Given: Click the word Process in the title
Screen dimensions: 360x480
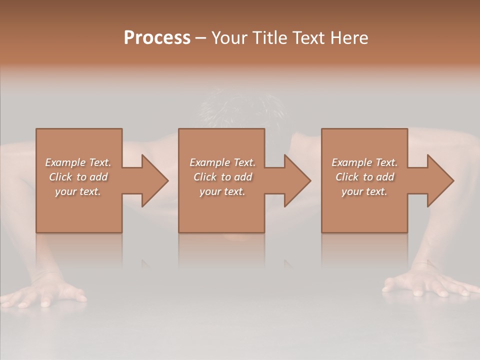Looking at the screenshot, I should (x=157, y=38).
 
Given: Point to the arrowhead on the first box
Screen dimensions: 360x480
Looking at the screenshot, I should (x=155, y=180).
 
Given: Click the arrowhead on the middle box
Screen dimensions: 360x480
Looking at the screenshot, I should (x=297, y=180).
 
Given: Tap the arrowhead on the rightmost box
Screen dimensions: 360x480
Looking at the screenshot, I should (x=440, y=180).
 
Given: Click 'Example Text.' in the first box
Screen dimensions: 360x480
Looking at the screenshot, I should (x=78, y=162).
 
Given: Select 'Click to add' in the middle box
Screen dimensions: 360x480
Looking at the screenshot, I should (x=222, y=177).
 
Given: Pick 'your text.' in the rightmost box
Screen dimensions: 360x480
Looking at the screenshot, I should (x=364, y=191).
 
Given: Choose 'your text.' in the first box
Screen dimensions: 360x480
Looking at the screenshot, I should (x=78, y=191).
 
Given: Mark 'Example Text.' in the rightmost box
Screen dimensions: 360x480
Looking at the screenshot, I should (x=364, y=162).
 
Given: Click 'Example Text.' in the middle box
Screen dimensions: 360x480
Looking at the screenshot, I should (x=222, y=162).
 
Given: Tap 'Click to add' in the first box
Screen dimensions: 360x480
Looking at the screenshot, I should (x=78, y=177).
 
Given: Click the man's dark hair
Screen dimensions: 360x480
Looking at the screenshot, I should (x=240, y=107).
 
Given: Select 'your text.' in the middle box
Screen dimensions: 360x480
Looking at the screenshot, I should (x=222, y=191).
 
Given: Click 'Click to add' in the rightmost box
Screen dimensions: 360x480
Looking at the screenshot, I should (x=364, y=177).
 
